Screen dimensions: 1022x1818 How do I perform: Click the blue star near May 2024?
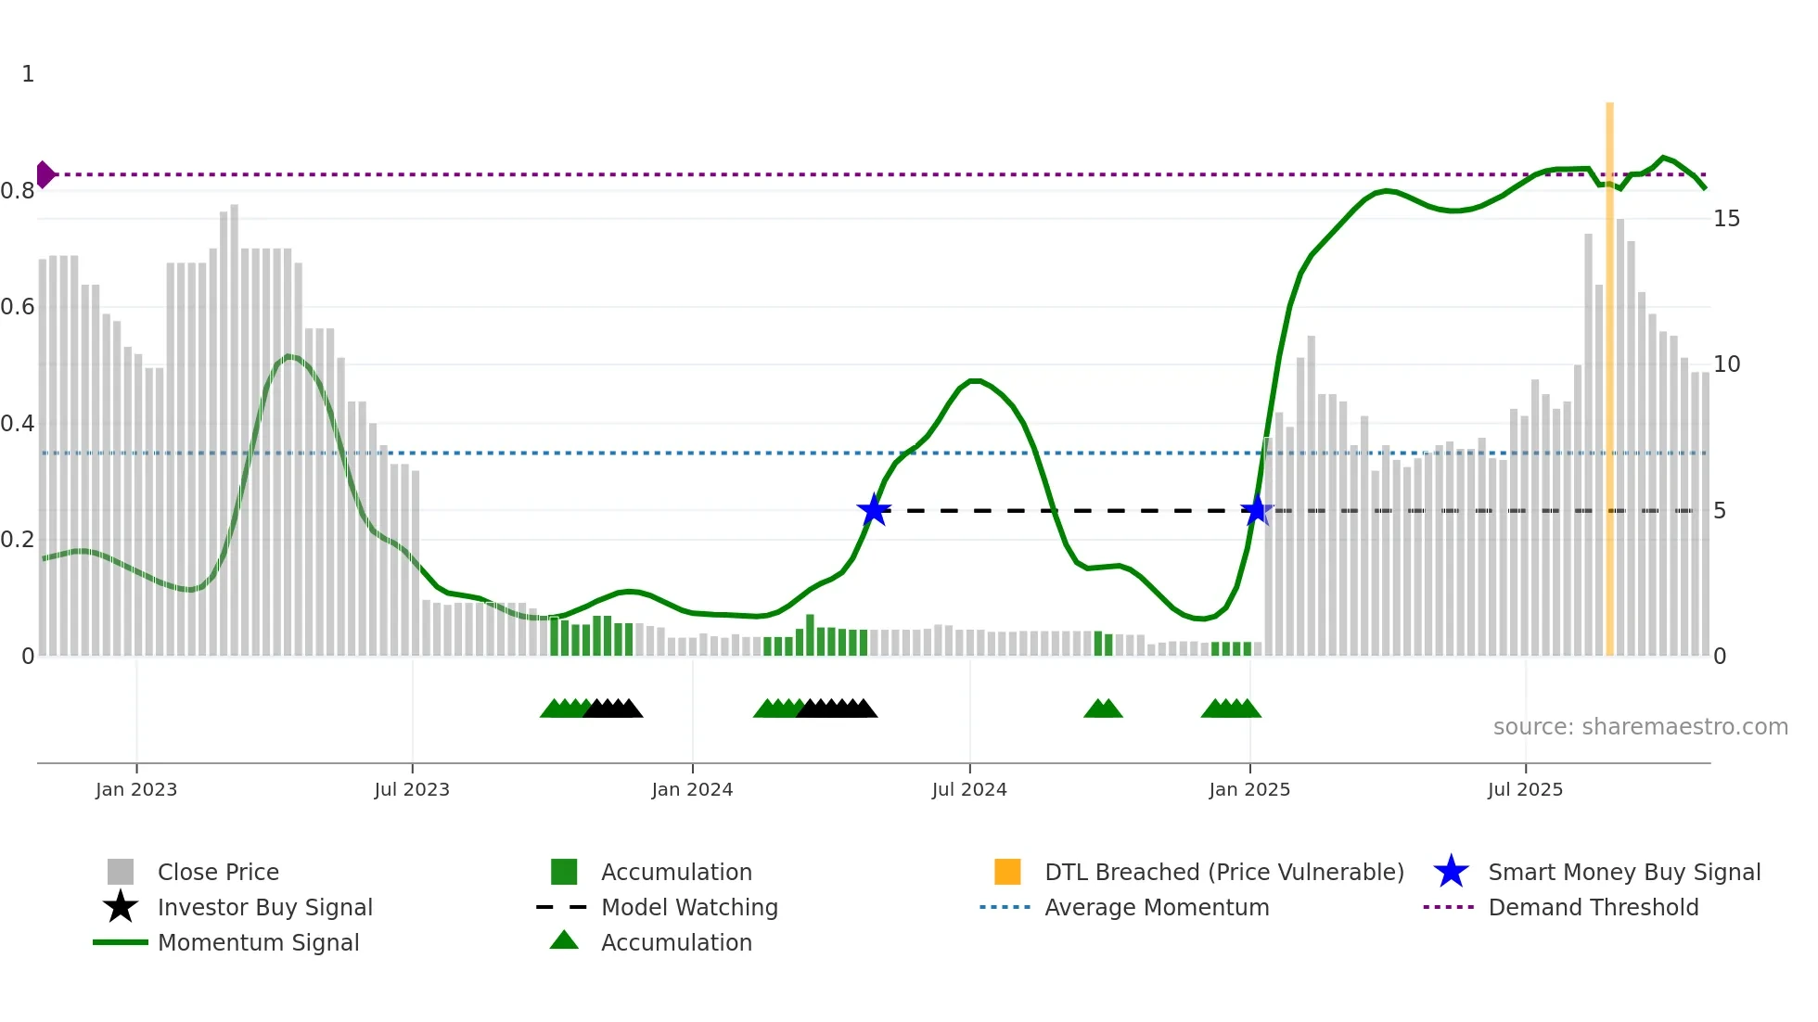pos(874,510)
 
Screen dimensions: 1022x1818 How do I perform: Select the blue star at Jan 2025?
pos(1256,510)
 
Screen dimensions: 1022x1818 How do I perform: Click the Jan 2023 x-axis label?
pos(136,789)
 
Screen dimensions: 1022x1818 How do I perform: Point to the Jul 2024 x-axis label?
pos(969,789)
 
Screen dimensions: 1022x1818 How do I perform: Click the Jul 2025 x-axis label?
pos(1525,789)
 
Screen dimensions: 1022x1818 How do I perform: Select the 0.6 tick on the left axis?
pos(19,307)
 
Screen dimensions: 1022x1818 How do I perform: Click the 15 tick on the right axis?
pos(1726,219)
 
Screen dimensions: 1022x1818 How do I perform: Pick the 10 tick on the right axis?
pos(1726,364)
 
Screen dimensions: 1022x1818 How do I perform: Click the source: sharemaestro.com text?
pos(1640,727)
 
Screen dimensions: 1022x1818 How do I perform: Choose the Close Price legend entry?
pos(218,872)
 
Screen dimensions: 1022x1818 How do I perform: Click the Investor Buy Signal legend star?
pos(121,907)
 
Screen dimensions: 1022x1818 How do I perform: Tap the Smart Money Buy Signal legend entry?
pos(1623,872)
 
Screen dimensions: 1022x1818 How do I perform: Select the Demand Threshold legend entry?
pos(1593,907)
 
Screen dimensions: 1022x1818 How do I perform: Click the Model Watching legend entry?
pos(689,907)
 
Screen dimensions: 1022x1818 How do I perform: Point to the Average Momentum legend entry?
pos(1157,907)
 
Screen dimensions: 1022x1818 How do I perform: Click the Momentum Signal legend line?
pos(121,942)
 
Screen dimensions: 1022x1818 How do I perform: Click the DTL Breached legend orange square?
pos(1007,872)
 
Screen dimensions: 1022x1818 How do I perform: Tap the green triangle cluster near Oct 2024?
pos(1103,709)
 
